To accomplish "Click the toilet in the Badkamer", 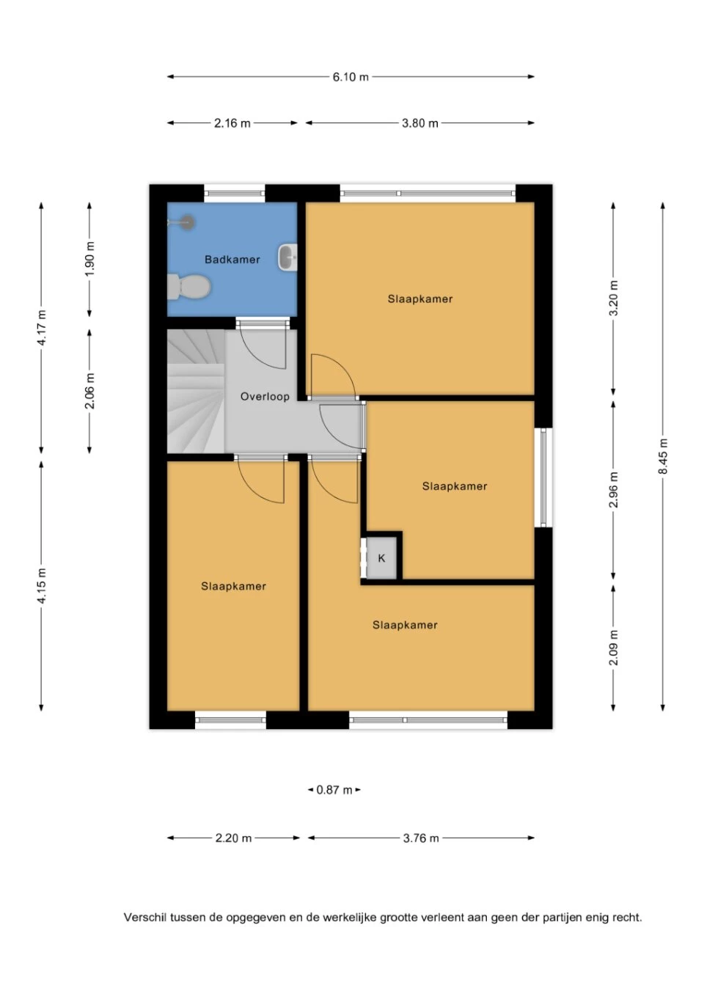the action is (x=189, y=287).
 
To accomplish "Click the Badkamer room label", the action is (x=232, y=259).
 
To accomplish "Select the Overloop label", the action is (x=265, y=396).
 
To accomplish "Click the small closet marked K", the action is (x=381, y=558).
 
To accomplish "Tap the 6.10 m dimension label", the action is (x=351, y=77).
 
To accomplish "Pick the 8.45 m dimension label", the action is (x=663, y=456).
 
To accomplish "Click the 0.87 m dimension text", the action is (x=334, y=790).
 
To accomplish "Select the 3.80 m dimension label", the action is (x=420, y=123).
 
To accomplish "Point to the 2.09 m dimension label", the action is (x=613, y=648).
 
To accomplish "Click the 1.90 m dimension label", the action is (x=89, y=259).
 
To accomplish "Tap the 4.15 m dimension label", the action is (x=41, y=585).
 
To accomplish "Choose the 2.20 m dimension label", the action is (x=233, y=838).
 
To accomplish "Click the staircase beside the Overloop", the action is (x=196, y=392).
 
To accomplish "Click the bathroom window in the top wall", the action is (x=235, y=194).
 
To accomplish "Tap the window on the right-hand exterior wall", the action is (x=543, y=477).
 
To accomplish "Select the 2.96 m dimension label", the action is (x=613, y=489).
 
